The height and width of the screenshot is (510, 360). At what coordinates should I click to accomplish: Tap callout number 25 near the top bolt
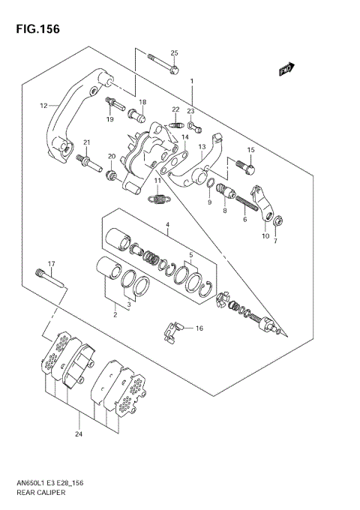(174, 52)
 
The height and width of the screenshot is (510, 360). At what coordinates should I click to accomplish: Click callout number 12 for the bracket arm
(43, 105)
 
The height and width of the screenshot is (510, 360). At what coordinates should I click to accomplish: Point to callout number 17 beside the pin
(52, 263)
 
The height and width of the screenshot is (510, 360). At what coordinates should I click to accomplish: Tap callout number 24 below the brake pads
(78, 434)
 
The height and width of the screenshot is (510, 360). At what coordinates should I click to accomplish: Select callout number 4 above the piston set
(168, 224)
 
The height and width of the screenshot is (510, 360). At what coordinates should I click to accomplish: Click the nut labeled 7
(277, 220)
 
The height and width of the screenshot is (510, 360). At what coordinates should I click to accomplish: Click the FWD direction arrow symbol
(285, 70)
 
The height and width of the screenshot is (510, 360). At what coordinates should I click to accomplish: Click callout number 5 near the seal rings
(190, 254)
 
